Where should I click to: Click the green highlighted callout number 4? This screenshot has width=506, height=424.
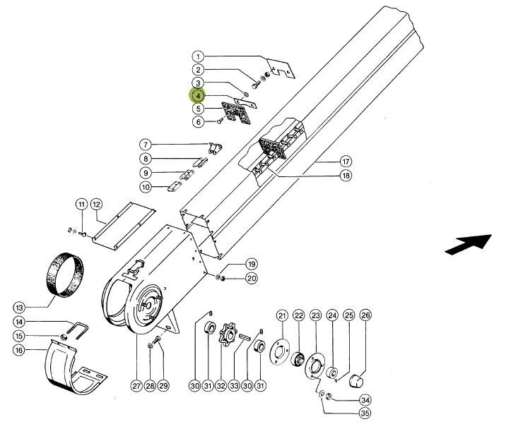[x=198, y=96]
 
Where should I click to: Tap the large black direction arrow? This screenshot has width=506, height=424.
[x=469, y=244]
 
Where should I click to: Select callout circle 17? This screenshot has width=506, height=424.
[x=346, y=162]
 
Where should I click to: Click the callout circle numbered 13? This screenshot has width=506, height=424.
[x=19, y=308]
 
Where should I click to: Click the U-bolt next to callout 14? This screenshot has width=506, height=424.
[x=78, y=330]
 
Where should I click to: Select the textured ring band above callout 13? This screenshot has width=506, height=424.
[x=66, y=274]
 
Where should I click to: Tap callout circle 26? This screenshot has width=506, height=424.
[x=365, y=315]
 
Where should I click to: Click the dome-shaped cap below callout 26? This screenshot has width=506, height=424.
[x=356, y=381]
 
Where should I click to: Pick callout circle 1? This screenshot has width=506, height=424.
[x=198, y=57]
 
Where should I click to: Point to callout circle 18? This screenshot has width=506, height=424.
[x=346, y=176]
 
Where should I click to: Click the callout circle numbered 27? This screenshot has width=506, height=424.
[x=136, y=385]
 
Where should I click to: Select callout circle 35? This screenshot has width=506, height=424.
[x=365, y=413]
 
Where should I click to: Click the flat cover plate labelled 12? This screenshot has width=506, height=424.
[x=123, y=226]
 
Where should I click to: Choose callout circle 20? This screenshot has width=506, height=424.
[x=252, y=278]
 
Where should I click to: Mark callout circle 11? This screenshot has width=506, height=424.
[x=81, y=205]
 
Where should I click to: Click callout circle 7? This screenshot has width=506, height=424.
[x=146, y=145]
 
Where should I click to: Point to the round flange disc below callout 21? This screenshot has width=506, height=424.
[x=279, y=351]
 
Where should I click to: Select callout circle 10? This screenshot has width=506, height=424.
[x=146, y=187]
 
